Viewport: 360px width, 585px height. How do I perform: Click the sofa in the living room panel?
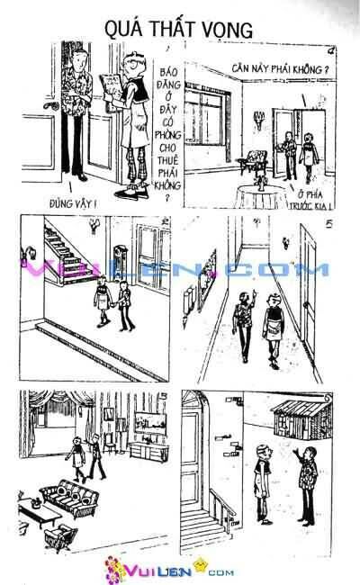click(x=69, y=493)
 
